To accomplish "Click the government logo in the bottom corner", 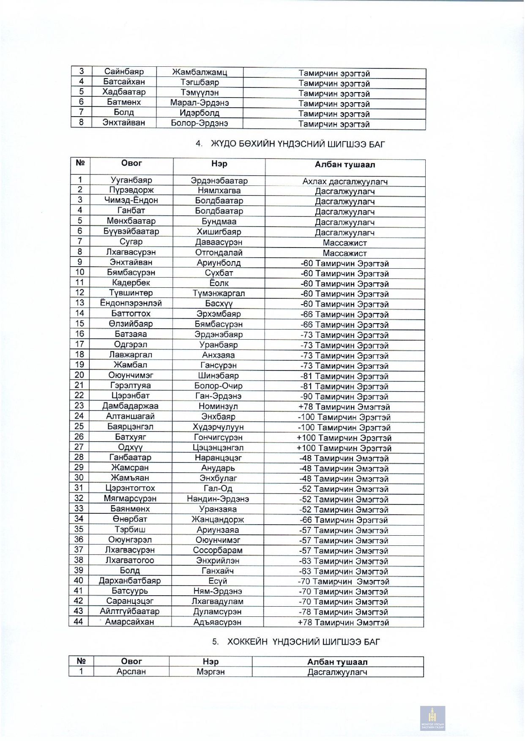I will click(x=432, y=718).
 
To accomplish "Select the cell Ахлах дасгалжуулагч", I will click(x=345, y=181).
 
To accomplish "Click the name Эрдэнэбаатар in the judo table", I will click(x=219, y=181).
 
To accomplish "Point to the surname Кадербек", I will click(x=131, y=283).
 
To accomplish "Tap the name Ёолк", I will click(x=219, y=283).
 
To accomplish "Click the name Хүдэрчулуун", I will click(x=219, y=427).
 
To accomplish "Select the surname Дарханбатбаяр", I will click(x=129, y=581).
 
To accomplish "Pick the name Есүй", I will click(x=218, y=581).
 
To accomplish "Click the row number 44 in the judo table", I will click(x=79, y=621).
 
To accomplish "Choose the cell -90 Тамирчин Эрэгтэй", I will click(x=345, y=396).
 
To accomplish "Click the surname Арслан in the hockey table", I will click(x=131, y=671).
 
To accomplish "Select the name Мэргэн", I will click(x=211, y=671).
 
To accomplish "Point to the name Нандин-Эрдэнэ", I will click(x=218, y=499).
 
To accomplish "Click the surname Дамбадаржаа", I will click(x=130, y=406).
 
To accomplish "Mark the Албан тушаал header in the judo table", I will click(x=345, y=165).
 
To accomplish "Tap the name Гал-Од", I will click(x=218, y=489).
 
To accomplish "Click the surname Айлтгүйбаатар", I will click(x=130, y=611).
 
